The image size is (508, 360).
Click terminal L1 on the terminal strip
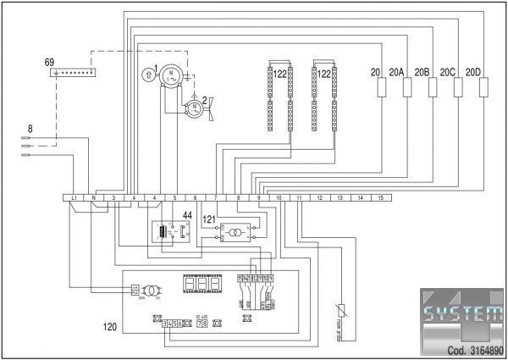[75, 197]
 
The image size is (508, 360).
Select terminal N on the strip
[94, 197]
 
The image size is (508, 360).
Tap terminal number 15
[381, 197]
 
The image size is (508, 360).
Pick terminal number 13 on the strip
[340, 197]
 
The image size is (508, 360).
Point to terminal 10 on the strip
[279, 197]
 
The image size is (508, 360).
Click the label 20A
[398, 72]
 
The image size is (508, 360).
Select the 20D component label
[473, 72]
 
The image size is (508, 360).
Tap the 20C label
[448, 72]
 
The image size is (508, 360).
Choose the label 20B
[422, 72]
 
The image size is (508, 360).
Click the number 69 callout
[49, 63]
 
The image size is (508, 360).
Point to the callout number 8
[30, 129]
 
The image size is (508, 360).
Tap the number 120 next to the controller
[110, 326]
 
